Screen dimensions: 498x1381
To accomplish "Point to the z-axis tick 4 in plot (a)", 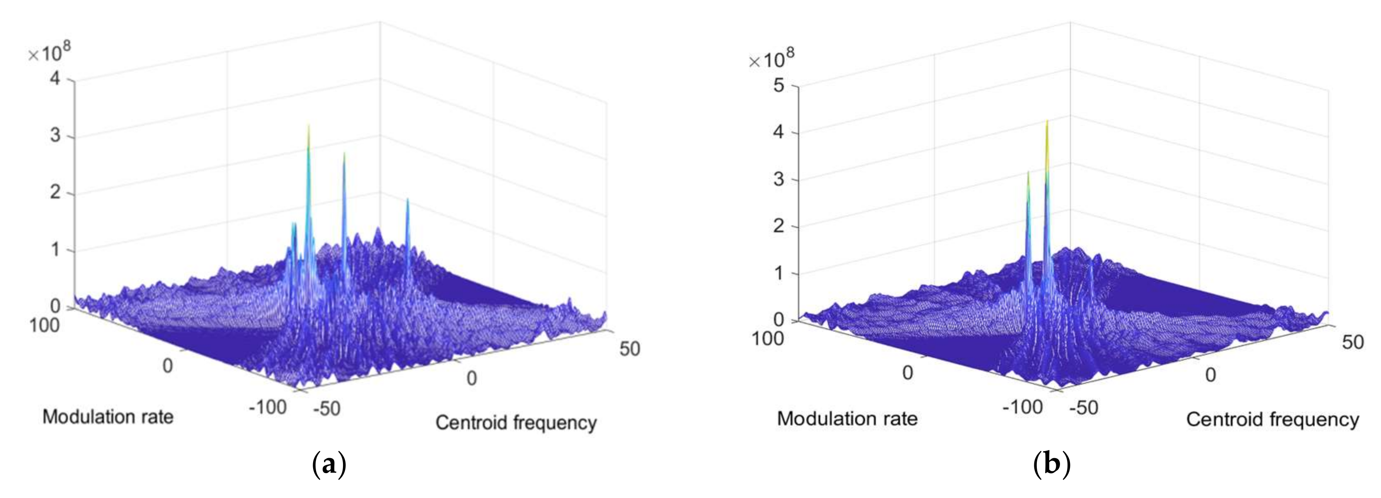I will pos(56,79).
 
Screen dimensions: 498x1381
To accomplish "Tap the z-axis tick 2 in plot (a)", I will pos(56,192).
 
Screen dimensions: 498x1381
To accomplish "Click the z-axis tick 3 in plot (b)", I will pos(779,179).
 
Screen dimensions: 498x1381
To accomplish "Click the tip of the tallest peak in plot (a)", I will pos(308,126).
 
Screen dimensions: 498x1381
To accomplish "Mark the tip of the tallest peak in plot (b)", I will pos(1047,121).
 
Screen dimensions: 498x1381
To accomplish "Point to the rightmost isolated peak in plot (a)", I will pos(407,200).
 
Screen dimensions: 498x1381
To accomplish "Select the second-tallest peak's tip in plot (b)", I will pos(1028,173).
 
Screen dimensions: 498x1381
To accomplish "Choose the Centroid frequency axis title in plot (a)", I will pos(516,423).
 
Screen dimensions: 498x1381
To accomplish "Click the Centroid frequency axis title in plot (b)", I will pos(1272,420).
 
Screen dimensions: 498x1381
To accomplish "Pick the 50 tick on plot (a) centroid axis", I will pos(630,349).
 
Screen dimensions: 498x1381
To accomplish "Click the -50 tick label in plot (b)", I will pos(1083,408).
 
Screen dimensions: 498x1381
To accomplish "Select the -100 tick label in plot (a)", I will pos(267,407).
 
